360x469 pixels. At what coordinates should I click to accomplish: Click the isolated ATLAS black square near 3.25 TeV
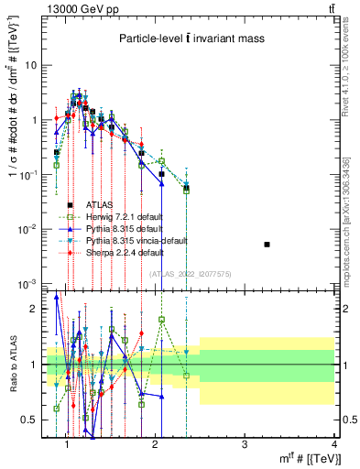pyautogui.click(x=267, y=245)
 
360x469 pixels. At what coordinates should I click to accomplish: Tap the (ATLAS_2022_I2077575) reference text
pyautogui.click(x=190, y=274)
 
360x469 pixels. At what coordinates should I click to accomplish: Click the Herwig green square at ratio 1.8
pyautogui.click(x=161, y=320)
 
